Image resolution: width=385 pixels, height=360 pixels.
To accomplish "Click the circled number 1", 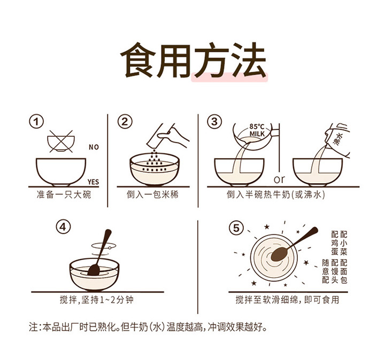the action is (36, 122).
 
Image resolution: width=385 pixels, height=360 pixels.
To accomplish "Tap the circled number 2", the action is (125, 122).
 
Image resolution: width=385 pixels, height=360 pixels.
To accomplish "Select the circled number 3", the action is (214, 122).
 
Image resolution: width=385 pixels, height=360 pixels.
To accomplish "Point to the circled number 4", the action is (63, 227).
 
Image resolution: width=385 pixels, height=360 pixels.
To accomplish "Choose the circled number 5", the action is (236, 228).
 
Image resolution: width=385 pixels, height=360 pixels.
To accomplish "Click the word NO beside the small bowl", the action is (94, 147).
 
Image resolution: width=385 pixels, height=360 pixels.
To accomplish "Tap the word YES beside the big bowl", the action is (93, 182).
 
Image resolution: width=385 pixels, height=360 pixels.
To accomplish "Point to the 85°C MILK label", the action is (257, 130).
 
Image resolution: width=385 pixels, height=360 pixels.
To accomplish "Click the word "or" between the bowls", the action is (280, 179).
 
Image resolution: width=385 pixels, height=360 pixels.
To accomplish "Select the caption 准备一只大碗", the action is (64, 195).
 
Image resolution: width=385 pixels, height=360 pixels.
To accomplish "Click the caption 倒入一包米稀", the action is (152, 195).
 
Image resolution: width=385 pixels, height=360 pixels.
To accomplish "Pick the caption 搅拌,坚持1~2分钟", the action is (96, 300).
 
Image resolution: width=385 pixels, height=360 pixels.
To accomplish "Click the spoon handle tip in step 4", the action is (108, 231).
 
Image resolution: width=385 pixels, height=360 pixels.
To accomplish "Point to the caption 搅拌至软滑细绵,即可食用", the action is (287, 300).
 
